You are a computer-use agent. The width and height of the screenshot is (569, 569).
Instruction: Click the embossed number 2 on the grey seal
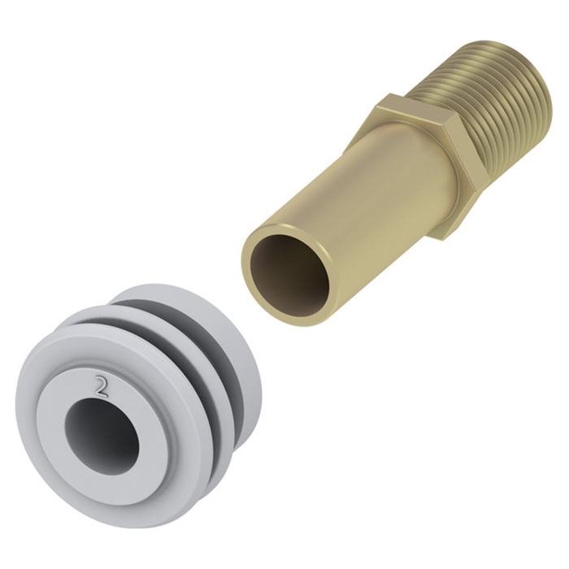tap(101, 386)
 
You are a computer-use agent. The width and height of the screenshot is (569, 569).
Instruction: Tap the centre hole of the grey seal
tap(102, 437)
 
